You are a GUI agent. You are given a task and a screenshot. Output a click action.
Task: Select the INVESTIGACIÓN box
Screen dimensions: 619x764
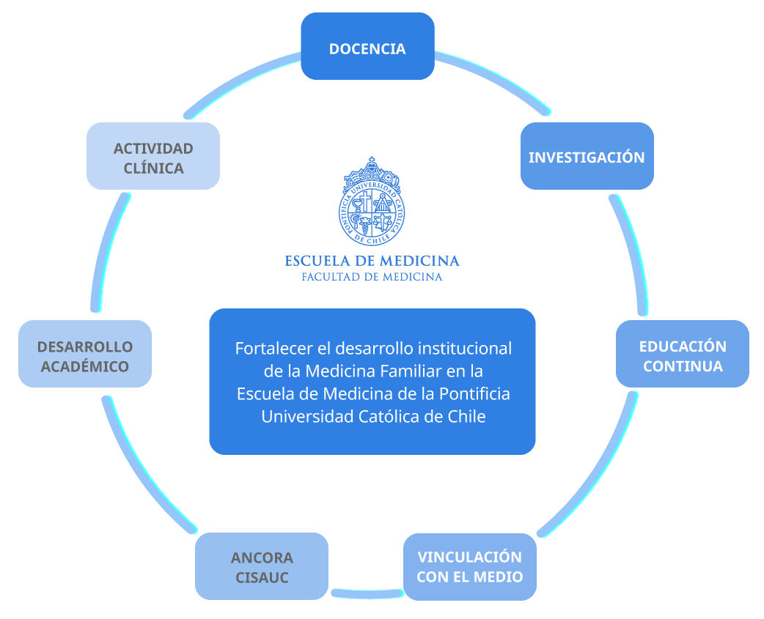click(587, 156)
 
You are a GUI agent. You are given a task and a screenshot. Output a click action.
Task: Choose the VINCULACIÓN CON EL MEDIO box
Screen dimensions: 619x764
click(469, 566)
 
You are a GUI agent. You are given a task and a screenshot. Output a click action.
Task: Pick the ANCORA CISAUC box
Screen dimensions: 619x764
click(262, 566)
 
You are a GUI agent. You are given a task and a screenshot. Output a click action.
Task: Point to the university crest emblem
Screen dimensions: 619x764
click(372, 201)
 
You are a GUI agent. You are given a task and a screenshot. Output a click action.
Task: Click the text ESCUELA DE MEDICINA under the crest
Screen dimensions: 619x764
click(372, 261)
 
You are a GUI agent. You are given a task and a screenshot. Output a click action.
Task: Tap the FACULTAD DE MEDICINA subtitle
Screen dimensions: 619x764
click(372, 277)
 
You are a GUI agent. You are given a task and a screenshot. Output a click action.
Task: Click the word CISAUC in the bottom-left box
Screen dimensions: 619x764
click(262, 577)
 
